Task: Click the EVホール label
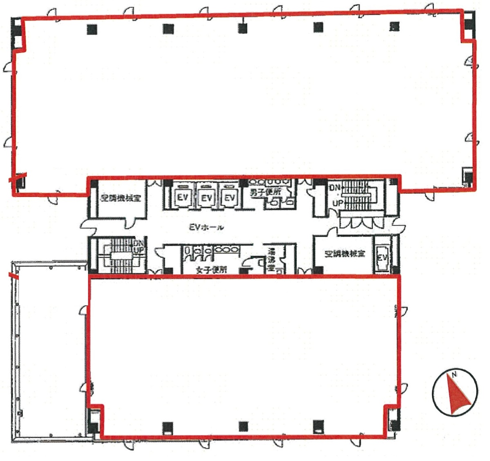pos(206,227)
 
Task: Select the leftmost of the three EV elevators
pos(182,197)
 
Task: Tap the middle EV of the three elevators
pos(207,198)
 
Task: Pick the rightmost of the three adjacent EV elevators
pos(230,198)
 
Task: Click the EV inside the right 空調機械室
pos(382,257)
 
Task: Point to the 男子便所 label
pos(266,192)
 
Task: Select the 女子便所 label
pos(211,270)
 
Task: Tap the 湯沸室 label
pos(271,260)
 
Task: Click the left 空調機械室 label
pos(121,198)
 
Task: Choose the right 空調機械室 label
pos(345,254)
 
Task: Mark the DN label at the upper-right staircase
pos(334,188)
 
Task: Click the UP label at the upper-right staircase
pos(338,203)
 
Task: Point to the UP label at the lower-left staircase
pos(139,251)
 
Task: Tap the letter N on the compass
pos(454,374)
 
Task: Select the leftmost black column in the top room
pos(92,29)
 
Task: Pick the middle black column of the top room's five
pos(243,28)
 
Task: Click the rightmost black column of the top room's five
pos(394,27)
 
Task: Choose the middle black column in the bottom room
pos(243,427)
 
